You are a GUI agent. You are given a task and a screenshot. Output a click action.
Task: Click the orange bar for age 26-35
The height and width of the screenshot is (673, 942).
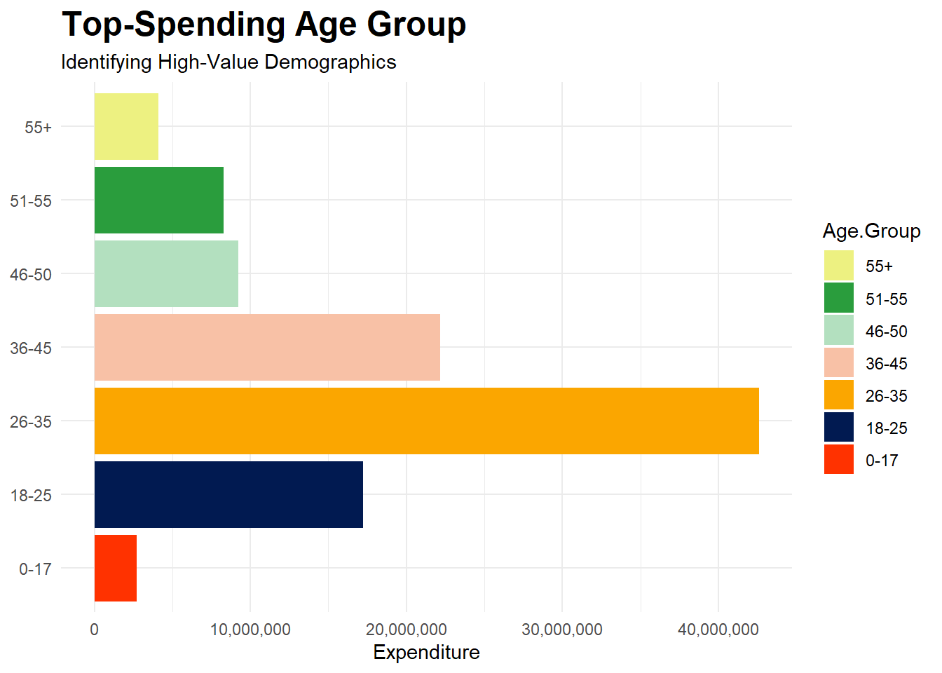(x=426, y=421)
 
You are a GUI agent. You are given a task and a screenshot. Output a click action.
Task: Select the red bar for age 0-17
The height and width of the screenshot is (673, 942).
(x=116, y=568)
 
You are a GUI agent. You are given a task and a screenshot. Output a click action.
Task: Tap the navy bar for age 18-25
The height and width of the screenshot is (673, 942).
(x=228, y=494)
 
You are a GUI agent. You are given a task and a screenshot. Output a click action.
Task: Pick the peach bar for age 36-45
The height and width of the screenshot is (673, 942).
(x=267, y=347)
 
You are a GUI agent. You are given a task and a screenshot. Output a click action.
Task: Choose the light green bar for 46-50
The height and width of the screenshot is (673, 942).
(x=166, y=273)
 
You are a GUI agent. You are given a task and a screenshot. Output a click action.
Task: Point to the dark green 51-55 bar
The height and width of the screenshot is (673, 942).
(x=159, y=200)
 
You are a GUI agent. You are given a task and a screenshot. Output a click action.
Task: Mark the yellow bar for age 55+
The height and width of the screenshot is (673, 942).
(x=126, y=126)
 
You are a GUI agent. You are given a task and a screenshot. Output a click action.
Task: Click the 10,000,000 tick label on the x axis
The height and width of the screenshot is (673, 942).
(x=250, y=630)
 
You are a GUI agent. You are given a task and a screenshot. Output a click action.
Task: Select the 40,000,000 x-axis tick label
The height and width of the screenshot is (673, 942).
(x=718, y=630)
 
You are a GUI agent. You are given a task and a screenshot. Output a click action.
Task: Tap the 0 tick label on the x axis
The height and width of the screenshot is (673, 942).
(x=95, y=630)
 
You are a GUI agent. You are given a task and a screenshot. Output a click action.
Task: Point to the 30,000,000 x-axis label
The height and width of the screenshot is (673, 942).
(x=562, y=630)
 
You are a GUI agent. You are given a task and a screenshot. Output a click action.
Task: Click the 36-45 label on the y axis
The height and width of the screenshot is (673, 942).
(x=31, y=348)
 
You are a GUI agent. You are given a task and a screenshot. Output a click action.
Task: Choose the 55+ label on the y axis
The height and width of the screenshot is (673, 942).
(x=38, y=128)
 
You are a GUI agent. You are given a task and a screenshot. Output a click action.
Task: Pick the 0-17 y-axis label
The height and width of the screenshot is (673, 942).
(x=35, y=569)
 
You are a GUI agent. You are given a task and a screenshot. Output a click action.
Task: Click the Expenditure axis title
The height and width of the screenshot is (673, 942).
(x=426, y=653)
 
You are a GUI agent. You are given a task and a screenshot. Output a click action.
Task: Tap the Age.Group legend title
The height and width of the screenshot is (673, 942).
(x=871, y=231)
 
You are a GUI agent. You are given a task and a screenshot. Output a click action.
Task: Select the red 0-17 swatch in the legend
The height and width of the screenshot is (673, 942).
(x=839, y=459)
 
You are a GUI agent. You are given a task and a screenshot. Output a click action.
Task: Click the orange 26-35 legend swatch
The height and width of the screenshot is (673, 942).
(x=839, y=395)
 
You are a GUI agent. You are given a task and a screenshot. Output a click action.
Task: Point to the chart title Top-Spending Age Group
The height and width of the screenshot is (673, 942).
(x=264, y=25)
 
